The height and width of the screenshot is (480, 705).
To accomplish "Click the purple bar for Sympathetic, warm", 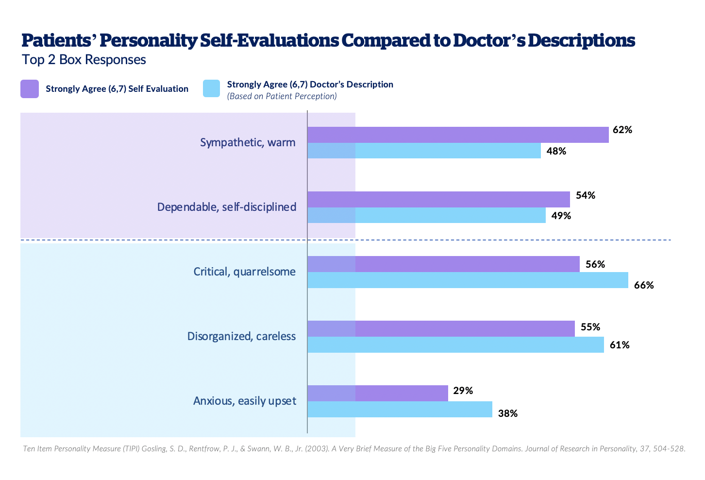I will (458, 135).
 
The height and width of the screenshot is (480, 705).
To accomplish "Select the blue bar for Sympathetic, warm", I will (424, 151).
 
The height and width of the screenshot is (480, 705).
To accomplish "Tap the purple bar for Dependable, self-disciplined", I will (438, 199).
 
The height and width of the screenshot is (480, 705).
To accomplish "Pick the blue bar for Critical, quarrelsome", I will (468, 280).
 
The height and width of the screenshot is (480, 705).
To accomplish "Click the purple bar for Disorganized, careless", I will (441, 328).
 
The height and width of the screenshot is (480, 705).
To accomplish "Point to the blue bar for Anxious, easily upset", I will (400, 409).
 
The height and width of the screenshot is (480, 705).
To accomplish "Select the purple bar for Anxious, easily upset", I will (378, 393).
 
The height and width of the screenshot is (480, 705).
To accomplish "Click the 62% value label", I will (622, 130).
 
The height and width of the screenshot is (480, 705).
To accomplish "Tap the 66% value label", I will (644, 285).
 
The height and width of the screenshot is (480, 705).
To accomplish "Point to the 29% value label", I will (463, 391).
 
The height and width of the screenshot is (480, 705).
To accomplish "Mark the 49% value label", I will (561, 216).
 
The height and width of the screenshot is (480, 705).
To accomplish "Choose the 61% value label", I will (620, 345).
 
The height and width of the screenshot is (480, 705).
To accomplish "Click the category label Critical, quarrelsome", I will (244, 271).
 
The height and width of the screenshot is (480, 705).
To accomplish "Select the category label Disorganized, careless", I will (241, 336).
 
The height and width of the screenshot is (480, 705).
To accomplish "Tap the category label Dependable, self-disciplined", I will (226, 207).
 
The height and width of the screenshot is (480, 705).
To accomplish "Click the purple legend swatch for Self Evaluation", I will (29, 89).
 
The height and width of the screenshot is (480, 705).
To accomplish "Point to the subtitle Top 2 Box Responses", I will (84, 59).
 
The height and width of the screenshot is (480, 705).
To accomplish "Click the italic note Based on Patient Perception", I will (282, 96).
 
